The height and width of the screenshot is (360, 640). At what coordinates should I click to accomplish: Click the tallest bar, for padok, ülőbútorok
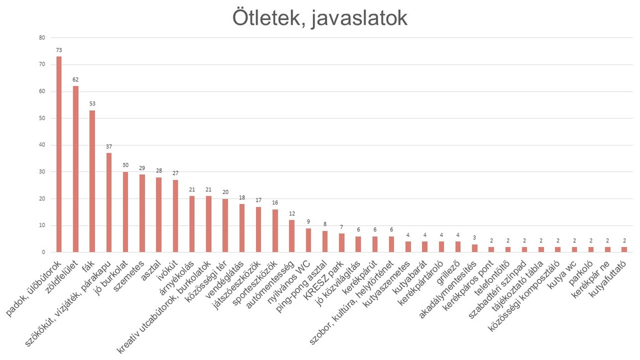coord(59,154)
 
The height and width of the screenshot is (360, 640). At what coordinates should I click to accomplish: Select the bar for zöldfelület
coord(76,169)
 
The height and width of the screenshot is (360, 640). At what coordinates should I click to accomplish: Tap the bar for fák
coord(92,181)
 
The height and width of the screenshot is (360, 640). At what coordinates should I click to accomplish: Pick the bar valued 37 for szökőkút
coord(109,203)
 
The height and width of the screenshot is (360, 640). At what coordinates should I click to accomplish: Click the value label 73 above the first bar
coord(59,50)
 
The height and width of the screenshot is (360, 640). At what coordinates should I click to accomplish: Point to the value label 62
coord(76,80)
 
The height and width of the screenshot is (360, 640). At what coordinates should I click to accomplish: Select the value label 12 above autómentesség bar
coord(292,214)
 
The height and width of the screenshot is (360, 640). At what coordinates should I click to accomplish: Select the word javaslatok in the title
coord(360,19)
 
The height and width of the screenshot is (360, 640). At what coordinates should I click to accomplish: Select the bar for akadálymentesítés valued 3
coord(474,249)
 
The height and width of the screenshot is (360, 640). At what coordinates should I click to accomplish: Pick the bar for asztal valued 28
coord(159,215)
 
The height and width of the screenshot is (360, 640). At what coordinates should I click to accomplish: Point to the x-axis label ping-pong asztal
coord(301,282)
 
